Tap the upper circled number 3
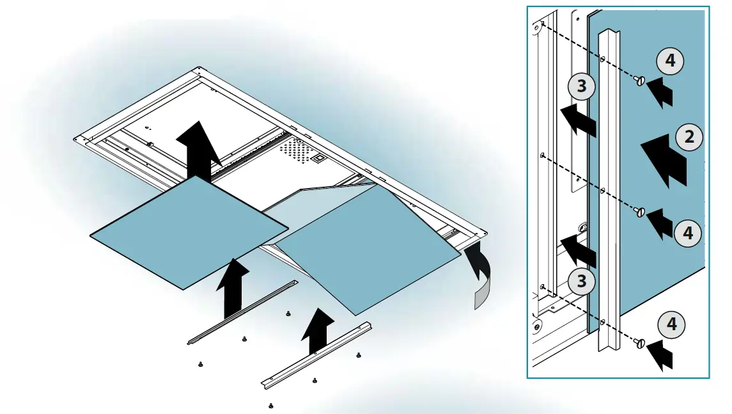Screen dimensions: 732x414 click(x=581, y=85)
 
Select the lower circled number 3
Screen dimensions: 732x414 click(x=581, y=280)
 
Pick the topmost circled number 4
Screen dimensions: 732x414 click(x=669, y=61)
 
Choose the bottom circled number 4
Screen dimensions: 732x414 click(x=671, y=325)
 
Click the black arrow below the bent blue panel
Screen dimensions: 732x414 click(x=318, y=330)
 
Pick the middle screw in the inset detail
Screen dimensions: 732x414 click(x=640, y=212)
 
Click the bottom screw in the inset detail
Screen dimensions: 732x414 click(x=640, y=344)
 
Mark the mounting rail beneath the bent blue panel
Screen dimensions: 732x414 click(x=316, y=353)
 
